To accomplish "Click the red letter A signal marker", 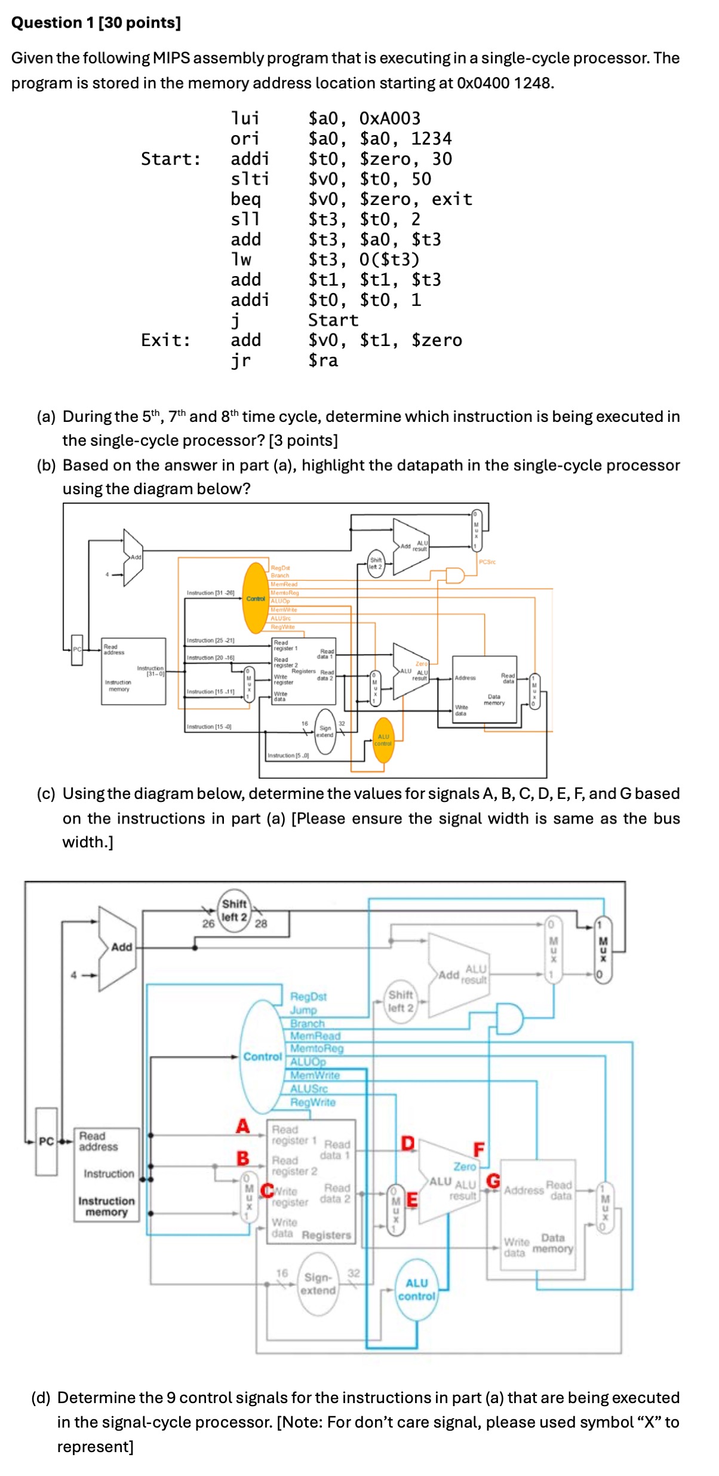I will [242, 1126].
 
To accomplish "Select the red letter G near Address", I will [493, 1181].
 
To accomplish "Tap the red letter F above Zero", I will [479, 1149].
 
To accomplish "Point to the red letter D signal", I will [407, 1143].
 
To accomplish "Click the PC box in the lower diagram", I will [47, 1141].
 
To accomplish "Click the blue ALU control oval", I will [416, 1290].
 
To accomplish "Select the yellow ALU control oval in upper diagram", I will [383, 740].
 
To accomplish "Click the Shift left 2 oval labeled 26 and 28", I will [234, 911].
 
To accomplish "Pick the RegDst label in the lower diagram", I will [308, 996].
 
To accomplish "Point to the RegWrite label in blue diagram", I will [312, 1102].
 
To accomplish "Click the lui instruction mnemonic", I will [245, 118].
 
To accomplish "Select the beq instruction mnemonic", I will [245, 199].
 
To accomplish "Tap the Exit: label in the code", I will [165, 340].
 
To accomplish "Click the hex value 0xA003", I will [389, 118].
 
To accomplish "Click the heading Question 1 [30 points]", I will [96, 23].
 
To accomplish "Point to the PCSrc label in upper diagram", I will [487, 562].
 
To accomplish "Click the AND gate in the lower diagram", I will [510, 1019].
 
